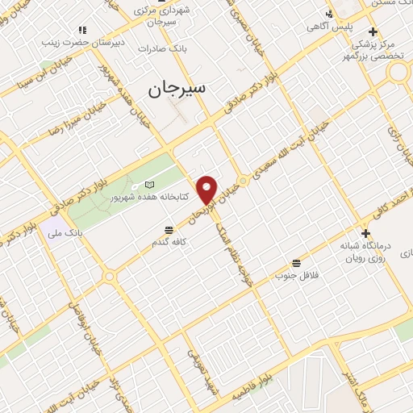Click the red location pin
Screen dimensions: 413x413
(207, 189)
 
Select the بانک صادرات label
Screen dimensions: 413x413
(161, 48)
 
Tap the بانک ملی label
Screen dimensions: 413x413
(65, 233)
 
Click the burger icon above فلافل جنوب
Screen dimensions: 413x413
(297, 263)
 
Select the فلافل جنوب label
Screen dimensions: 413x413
(298, 275)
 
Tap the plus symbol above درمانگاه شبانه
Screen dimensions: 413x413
(365, 233)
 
